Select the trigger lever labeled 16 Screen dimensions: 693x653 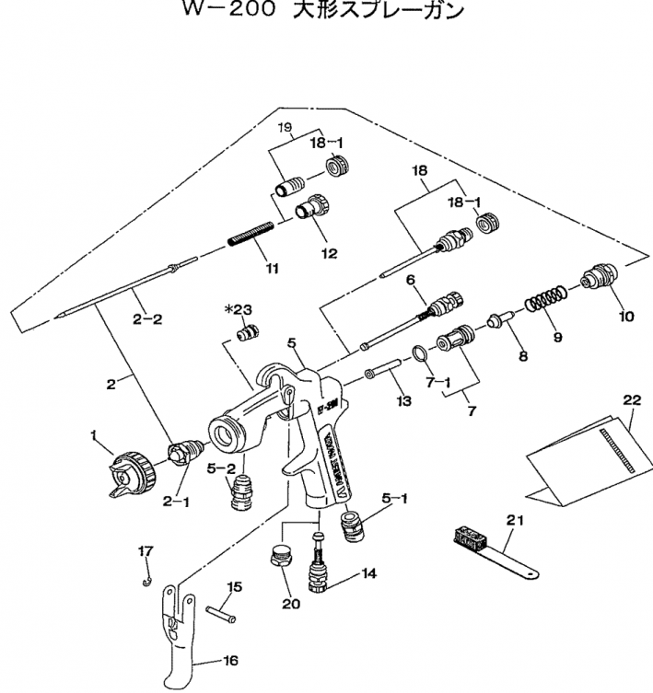pyautogui.click(x=186, y=634)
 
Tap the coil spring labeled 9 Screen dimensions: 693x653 pyautogui.click(x=546, y=300)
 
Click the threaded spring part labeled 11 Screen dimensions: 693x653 pyautogui.click(x=251, y=237)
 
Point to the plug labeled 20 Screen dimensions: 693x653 pyautogui.click(x=279, y=555)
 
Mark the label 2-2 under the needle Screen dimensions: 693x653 pyautogui.click(x=146, y=319)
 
